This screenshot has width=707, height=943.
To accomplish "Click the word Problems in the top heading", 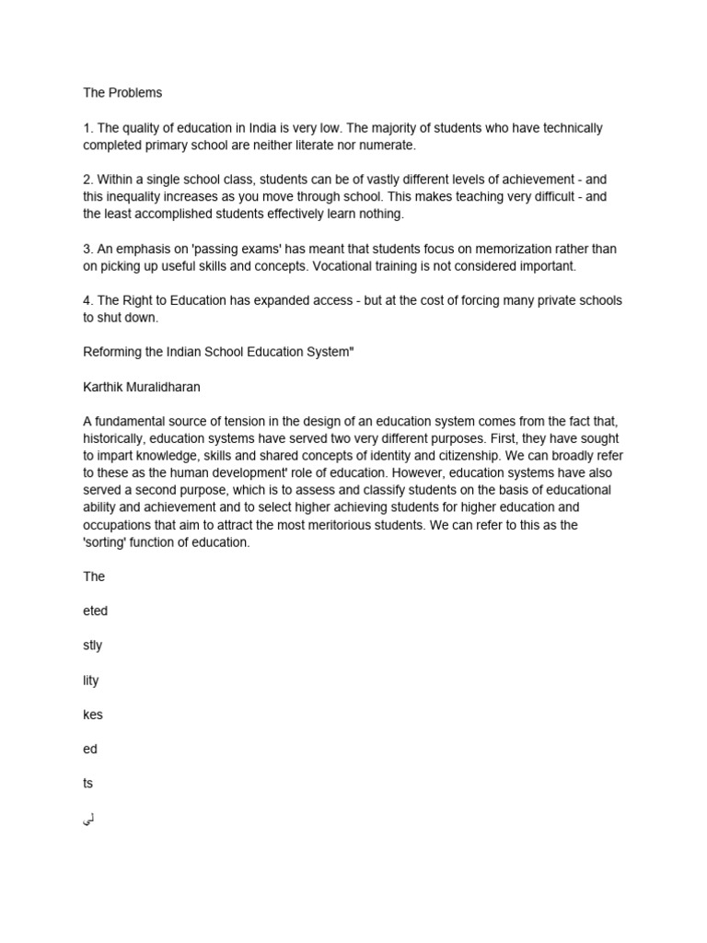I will (136, 93).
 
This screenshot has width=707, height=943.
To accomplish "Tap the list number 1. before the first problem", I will (88, 128).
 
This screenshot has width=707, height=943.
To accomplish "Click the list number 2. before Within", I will (88, 180).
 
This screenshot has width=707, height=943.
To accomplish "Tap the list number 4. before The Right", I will (88, 300).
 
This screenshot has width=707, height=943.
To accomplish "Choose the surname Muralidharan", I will (174, 387).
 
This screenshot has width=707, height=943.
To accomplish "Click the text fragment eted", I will (95, 611).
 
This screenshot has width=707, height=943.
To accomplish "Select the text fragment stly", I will (92, 646).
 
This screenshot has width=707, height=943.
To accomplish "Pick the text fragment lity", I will (90, 681).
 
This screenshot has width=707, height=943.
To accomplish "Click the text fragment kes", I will (92, 715).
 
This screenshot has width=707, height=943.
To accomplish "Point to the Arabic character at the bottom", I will (88, 818).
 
